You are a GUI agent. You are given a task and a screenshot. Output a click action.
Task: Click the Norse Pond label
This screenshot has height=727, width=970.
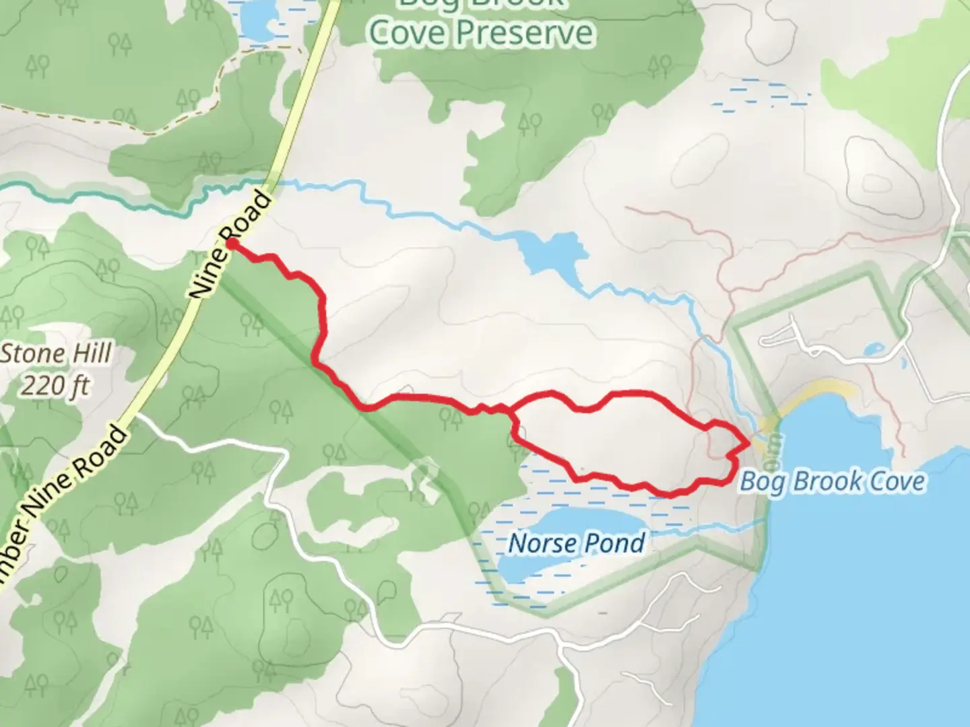point(577,543)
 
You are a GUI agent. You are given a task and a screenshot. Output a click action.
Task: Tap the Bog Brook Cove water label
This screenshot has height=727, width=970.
point(833,482)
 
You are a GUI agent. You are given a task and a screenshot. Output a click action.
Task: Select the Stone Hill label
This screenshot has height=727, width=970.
point(57,354)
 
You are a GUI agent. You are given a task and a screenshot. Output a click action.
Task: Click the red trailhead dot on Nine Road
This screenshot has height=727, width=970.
point(231,244)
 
